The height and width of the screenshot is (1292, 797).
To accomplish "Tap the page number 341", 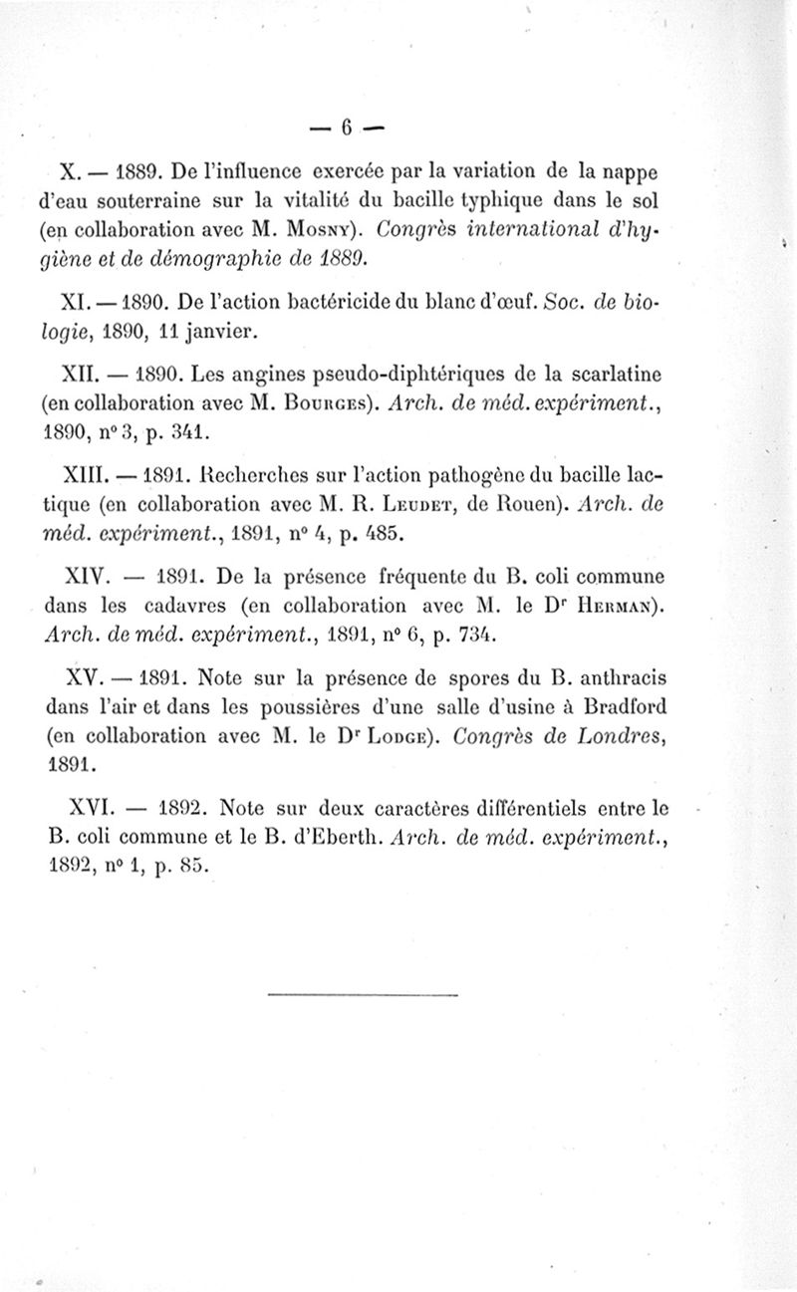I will [187, 434].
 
